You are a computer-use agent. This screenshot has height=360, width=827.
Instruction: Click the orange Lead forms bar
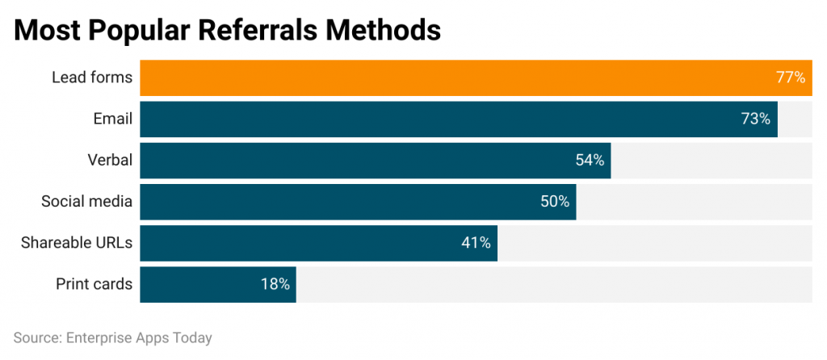[x=452, y=77]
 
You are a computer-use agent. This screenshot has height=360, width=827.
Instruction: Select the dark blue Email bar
[x=436, y=119]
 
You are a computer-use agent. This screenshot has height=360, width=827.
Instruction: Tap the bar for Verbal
[x=355, y=160]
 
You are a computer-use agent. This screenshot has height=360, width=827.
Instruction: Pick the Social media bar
[x=339, y=201]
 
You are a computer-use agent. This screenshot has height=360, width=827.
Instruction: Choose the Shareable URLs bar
[x=299, y=242]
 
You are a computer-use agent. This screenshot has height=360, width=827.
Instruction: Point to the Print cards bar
[x=202, y=283]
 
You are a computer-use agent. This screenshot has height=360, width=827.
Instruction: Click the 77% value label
[x=790, y=77]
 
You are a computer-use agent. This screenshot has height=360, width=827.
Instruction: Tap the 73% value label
[x=755, y=119]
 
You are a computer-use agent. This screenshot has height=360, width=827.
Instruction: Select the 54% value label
[x=590, y=160]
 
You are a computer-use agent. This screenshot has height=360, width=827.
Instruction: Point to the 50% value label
[x=555, y=201]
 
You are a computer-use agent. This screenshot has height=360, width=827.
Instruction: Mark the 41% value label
[x=476, y=242]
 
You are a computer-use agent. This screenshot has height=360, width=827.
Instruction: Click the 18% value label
[x=275, y=283]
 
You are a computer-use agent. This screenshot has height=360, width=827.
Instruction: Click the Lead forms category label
[x=91, y=77]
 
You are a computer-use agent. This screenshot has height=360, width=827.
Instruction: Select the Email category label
[x=112, y=119]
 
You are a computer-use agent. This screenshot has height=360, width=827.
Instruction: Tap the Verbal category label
[x=110, y=160]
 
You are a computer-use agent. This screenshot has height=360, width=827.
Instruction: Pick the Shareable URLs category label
[x=77, y=242]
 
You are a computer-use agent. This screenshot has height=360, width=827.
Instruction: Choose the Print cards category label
[x=94, y=283]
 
